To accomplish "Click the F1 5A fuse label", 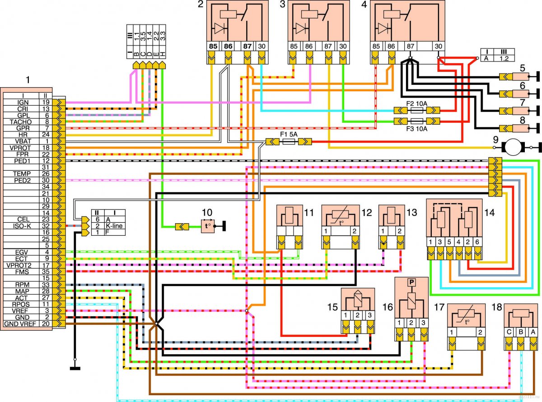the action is [x=289, y=134].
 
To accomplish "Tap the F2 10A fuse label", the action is [x=416, y=103].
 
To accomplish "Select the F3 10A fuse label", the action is [x=416, y=129].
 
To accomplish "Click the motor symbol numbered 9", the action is [x=513, y=147].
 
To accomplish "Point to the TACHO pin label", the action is [x=21, y=122].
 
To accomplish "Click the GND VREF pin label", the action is [x=20, y=324].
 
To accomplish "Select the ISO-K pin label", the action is [x=22, y=226].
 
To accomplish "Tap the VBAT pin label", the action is [x=23, y=141].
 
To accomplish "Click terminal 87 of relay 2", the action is [x=248, y=46].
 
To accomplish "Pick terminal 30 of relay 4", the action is [x=439, y=46].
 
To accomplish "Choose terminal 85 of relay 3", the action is [x=294, y=46].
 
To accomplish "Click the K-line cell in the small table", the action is [x=114, y=226].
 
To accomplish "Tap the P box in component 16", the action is [x=412, y=282].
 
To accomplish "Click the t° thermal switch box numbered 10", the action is [x=208, y=226].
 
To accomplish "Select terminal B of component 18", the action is [x=521, y=332].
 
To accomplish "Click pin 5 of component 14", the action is [x=449, y=242].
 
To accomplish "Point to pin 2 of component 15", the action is [x=358, y=315].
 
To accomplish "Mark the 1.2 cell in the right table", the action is [x=504, y=58].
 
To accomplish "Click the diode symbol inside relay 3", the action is [x=301, y=29].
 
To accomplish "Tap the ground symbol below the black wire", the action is [x=75, y=369].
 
